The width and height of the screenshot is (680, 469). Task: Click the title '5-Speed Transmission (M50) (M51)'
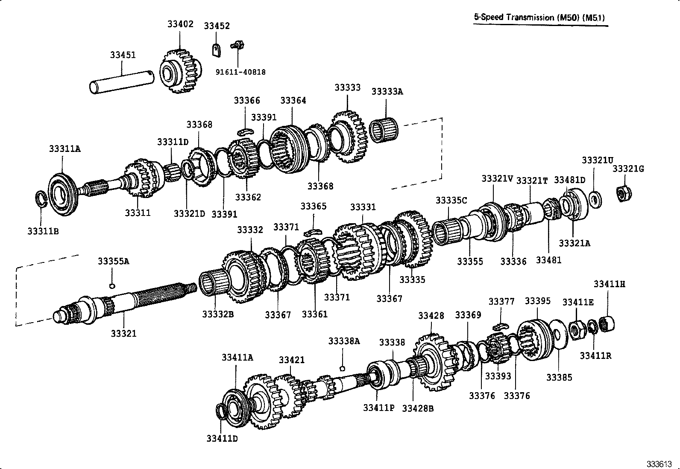(x=540, y=17)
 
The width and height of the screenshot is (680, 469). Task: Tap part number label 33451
(x=123, y=55)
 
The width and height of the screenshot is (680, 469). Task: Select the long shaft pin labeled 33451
(x=122, y=81)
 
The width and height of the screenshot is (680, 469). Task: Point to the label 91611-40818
(x=240, y=72)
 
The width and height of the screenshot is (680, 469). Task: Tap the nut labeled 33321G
(x=624, y=193)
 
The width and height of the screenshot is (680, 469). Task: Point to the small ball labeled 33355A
(x=112, y=285)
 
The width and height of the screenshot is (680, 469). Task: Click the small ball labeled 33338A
(x=342, y=368)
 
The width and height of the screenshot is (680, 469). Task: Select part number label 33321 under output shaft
(x=123, y=333)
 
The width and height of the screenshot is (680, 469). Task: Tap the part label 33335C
(x=451, y=200)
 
